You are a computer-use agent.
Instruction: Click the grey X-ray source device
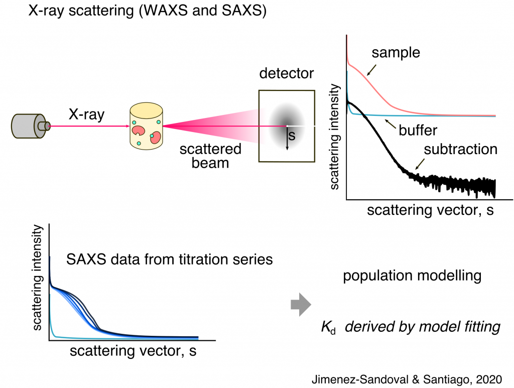pos(30,125)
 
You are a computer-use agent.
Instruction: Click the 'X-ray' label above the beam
pos(86,115)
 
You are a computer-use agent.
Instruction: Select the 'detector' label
pos(286,74)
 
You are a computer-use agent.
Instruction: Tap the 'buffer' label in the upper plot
pos(418,131)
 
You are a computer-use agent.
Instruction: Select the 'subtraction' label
pos(460,150)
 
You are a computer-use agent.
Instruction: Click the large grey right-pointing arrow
pos(302,305)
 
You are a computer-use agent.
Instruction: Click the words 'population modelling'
pos(413,276)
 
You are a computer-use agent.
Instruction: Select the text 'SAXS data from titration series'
pos(169,260)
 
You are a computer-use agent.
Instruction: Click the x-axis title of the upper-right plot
pos(430,210)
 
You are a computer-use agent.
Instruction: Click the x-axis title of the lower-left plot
pos(133,351)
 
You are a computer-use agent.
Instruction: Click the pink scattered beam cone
pos(211,126)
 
